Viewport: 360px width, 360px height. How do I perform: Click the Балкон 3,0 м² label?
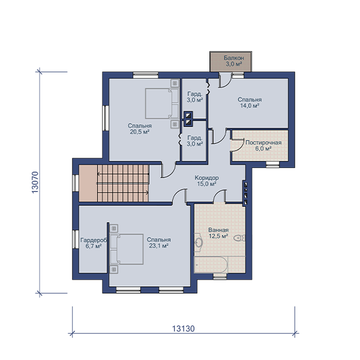(234, 61)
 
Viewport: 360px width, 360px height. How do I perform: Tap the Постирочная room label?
(263, 143)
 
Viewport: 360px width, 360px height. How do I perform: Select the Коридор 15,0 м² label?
(206, 181)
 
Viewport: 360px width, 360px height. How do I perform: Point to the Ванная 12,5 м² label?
(218, 233)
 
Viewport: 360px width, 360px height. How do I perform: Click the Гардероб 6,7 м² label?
(94, 243)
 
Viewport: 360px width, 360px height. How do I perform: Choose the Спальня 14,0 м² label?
(250, 103)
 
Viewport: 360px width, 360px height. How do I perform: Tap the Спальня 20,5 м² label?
(140, 128)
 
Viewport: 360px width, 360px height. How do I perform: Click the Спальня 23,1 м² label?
(158, 242)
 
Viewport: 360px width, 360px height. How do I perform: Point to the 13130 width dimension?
(184, 329)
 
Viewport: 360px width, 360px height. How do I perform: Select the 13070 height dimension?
(35, 182)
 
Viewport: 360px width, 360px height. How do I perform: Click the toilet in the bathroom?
(239, 238)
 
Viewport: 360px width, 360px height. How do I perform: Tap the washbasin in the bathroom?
(199, 242)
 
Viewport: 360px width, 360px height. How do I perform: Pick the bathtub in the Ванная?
(211, 265)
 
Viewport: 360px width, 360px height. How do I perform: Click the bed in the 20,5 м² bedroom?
(162, 104)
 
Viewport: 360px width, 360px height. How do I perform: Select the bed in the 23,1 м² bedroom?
(127, 249)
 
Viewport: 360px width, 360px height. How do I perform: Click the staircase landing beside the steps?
(88, 183)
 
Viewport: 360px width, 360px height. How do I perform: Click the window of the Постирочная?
(273, 164)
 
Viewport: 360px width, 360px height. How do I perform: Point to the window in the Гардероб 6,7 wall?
(75, 239)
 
